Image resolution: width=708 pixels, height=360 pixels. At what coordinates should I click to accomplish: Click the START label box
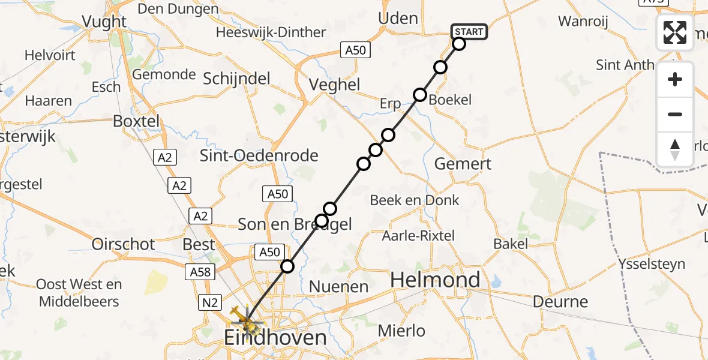[469, 32]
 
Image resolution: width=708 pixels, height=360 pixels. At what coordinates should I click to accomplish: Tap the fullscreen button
[675, 32]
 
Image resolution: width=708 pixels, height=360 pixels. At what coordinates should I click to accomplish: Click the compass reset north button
[675, 149]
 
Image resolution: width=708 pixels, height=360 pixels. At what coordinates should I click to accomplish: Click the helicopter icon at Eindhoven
[245, 317]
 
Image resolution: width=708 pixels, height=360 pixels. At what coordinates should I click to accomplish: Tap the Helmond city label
[436, 280]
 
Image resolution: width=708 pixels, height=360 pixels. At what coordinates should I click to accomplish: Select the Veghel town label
[334, 85]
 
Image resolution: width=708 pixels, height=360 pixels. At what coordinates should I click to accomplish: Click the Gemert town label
[463, 163]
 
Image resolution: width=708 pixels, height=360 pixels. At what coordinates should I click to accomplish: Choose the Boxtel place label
[137, 121]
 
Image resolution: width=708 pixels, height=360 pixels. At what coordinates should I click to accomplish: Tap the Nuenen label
[338, 287]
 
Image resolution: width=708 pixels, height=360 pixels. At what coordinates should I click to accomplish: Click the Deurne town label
[560, 301]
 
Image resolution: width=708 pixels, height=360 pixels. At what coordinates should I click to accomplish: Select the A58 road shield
[200, 272]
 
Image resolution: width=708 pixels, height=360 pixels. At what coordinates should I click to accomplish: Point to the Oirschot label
[123, 244]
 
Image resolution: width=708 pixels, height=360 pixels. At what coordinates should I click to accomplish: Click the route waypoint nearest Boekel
[419, 95]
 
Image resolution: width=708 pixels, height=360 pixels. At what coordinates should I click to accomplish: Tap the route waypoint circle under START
[459, 44]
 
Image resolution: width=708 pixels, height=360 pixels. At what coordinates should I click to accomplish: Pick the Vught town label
[104, 22]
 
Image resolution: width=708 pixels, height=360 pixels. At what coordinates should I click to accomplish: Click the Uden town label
[398, 19]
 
